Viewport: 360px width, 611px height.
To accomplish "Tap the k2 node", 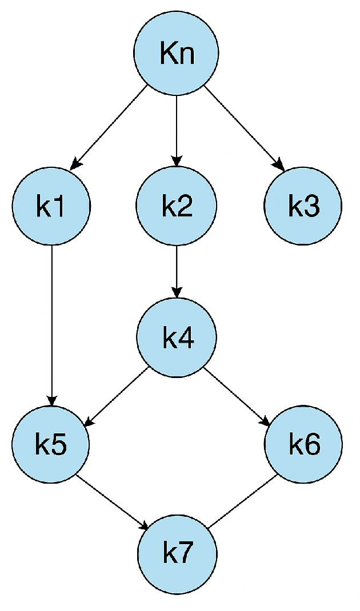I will tap(176, 206).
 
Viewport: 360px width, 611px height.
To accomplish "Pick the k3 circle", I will tap(303, 206).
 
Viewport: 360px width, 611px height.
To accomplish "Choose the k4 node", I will tap(176, 338).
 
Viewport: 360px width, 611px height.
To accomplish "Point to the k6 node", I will tap(303, 444).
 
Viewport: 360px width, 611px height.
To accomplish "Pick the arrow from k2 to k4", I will tap(176, 272).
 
